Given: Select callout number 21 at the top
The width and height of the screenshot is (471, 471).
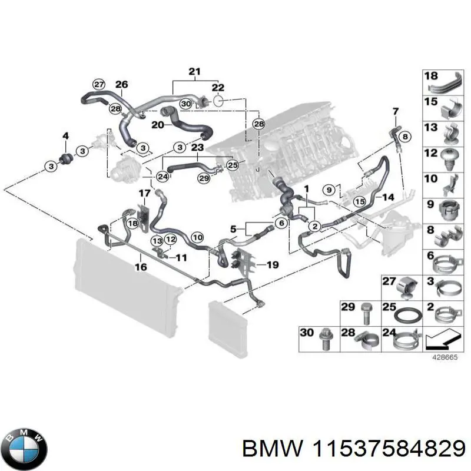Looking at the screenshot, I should click(x=195, y=72).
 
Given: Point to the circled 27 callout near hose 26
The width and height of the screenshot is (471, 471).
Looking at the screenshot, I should click(x=99, y=84).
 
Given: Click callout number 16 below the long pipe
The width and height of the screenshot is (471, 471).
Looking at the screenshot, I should click(x=140, y=267).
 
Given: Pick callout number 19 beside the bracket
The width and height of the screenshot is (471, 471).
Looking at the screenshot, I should click(x=271, y=265).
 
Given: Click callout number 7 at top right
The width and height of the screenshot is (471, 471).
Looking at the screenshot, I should click(x=395, y=111).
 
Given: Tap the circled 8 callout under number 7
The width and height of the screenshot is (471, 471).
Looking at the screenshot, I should click(x=404, y=137).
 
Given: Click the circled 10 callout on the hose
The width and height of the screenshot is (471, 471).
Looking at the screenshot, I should click(x=198, y=237).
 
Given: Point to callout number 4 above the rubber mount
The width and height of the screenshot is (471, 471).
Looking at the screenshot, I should click(x=65, y=137).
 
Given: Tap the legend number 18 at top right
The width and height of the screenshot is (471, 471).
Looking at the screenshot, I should click(x=431, y=76).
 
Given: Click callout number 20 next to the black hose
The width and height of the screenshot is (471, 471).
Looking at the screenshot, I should click(x=157, y=125).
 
